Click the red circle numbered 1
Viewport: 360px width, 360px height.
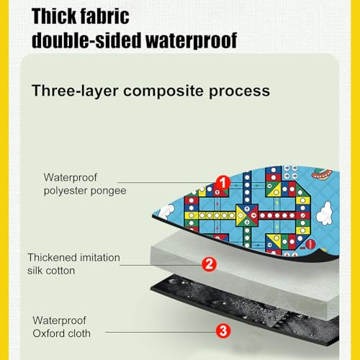(223, 183)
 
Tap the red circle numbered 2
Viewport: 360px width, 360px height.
(209, 264)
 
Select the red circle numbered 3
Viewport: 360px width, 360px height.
(223, 331)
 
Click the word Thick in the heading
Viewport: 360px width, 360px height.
(53, 17)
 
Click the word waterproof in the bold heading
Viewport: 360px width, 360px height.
(192, 41)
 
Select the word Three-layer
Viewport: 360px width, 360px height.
(75, 91)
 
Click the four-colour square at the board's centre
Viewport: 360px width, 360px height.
(247, 215)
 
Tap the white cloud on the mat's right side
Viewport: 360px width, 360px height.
(324, 213)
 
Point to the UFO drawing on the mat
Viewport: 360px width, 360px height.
(322, 174)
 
